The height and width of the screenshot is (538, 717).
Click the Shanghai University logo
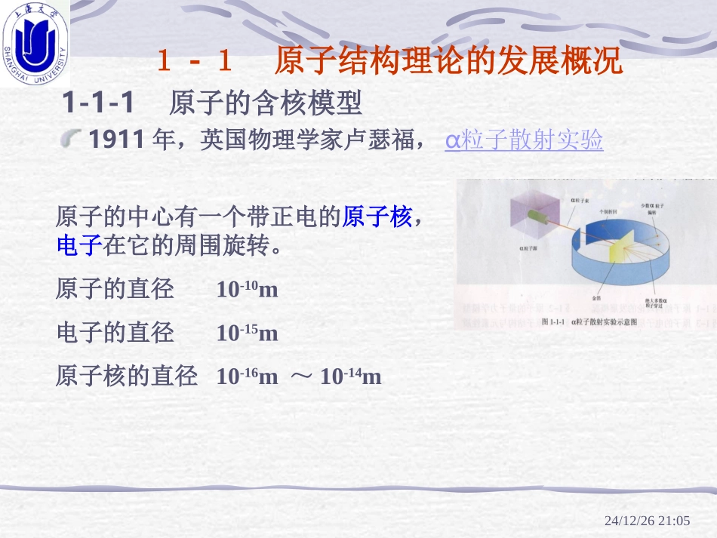click(35, 42)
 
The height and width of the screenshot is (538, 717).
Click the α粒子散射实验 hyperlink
click(524, 140)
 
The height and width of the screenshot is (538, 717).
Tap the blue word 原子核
click(377, 217)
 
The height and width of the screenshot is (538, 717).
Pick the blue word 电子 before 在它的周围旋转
click(78, 247)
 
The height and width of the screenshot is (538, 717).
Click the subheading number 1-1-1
click(97, 102)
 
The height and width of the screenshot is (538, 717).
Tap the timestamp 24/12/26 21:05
click(648, 521)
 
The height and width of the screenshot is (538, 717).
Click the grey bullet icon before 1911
click(72, 138)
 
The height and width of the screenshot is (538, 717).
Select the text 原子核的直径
click(126, 376)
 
